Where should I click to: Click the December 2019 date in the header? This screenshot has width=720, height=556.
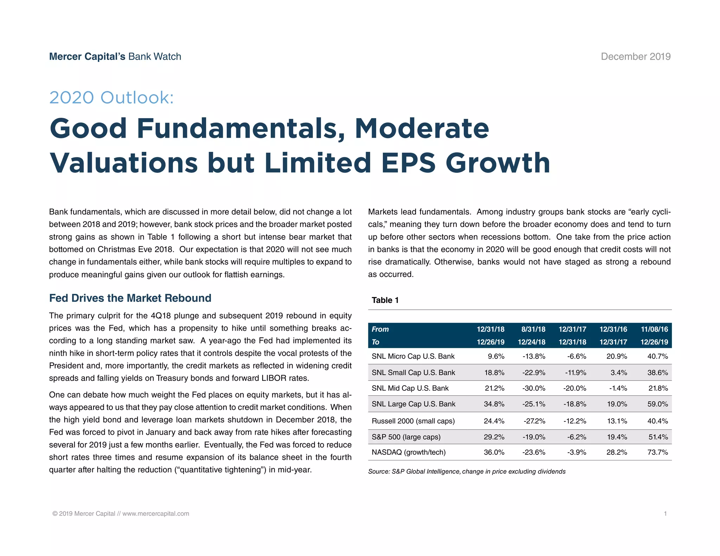[x=636, y=57]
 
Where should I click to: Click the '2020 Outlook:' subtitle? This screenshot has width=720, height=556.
[x=111, y=97]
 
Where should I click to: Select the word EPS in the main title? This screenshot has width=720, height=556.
[x=408, y=163]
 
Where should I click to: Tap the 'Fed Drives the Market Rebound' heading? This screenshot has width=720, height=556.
[x=130, y=298]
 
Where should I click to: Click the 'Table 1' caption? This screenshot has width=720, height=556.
[x=385, y=300]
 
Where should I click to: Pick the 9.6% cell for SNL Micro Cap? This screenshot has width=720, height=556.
[x=496, y=356]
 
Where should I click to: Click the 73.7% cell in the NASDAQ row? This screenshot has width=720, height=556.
[x=657, y=452]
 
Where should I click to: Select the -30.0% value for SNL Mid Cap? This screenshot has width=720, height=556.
[x=534, y=388]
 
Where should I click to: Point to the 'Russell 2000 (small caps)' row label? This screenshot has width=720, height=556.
[x=413, y=421]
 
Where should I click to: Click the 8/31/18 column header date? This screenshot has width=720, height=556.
[x=533, y=329]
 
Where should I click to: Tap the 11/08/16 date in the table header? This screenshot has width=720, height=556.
[x=654, y=329]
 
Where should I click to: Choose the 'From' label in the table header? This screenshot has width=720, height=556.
[x=380, y=329]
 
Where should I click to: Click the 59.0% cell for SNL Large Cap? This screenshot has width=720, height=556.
[x=657, y=404]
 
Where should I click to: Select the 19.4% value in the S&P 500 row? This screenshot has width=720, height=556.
[x=617, y=437]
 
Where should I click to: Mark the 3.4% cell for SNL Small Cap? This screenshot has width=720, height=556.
[x=619, y=373]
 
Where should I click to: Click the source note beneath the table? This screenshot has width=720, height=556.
[x=467, y=472]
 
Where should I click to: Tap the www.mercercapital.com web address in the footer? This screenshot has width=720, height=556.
[x=156, y=513]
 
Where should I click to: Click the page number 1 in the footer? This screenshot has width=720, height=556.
[x=665, y=513]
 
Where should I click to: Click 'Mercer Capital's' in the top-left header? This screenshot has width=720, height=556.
[x=87, y=57]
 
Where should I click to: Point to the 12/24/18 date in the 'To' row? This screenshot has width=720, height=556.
[x=532, y=342]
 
